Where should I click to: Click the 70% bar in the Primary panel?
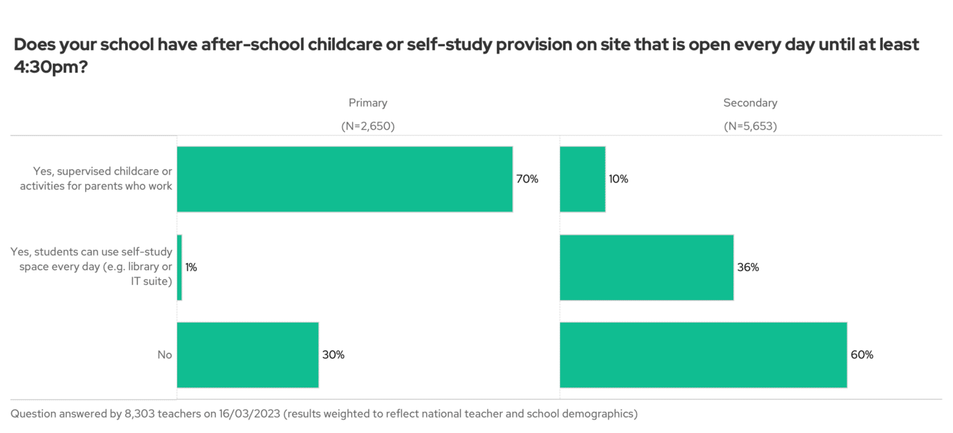344,179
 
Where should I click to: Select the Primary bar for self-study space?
179,267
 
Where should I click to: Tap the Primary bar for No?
248,355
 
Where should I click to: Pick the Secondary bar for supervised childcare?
582,179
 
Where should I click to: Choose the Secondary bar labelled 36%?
647,267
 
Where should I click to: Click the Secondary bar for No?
703,355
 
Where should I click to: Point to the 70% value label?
527,179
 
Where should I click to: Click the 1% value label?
191,267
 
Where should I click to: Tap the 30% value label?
333,355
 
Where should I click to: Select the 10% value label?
619,179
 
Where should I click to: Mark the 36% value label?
748,267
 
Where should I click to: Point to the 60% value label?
862,355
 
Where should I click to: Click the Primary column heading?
368,103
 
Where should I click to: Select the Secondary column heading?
750,103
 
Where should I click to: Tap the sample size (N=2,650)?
368,126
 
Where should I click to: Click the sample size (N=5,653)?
750,126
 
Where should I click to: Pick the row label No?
165,355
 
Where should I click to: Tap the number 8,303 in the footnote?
141,414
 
